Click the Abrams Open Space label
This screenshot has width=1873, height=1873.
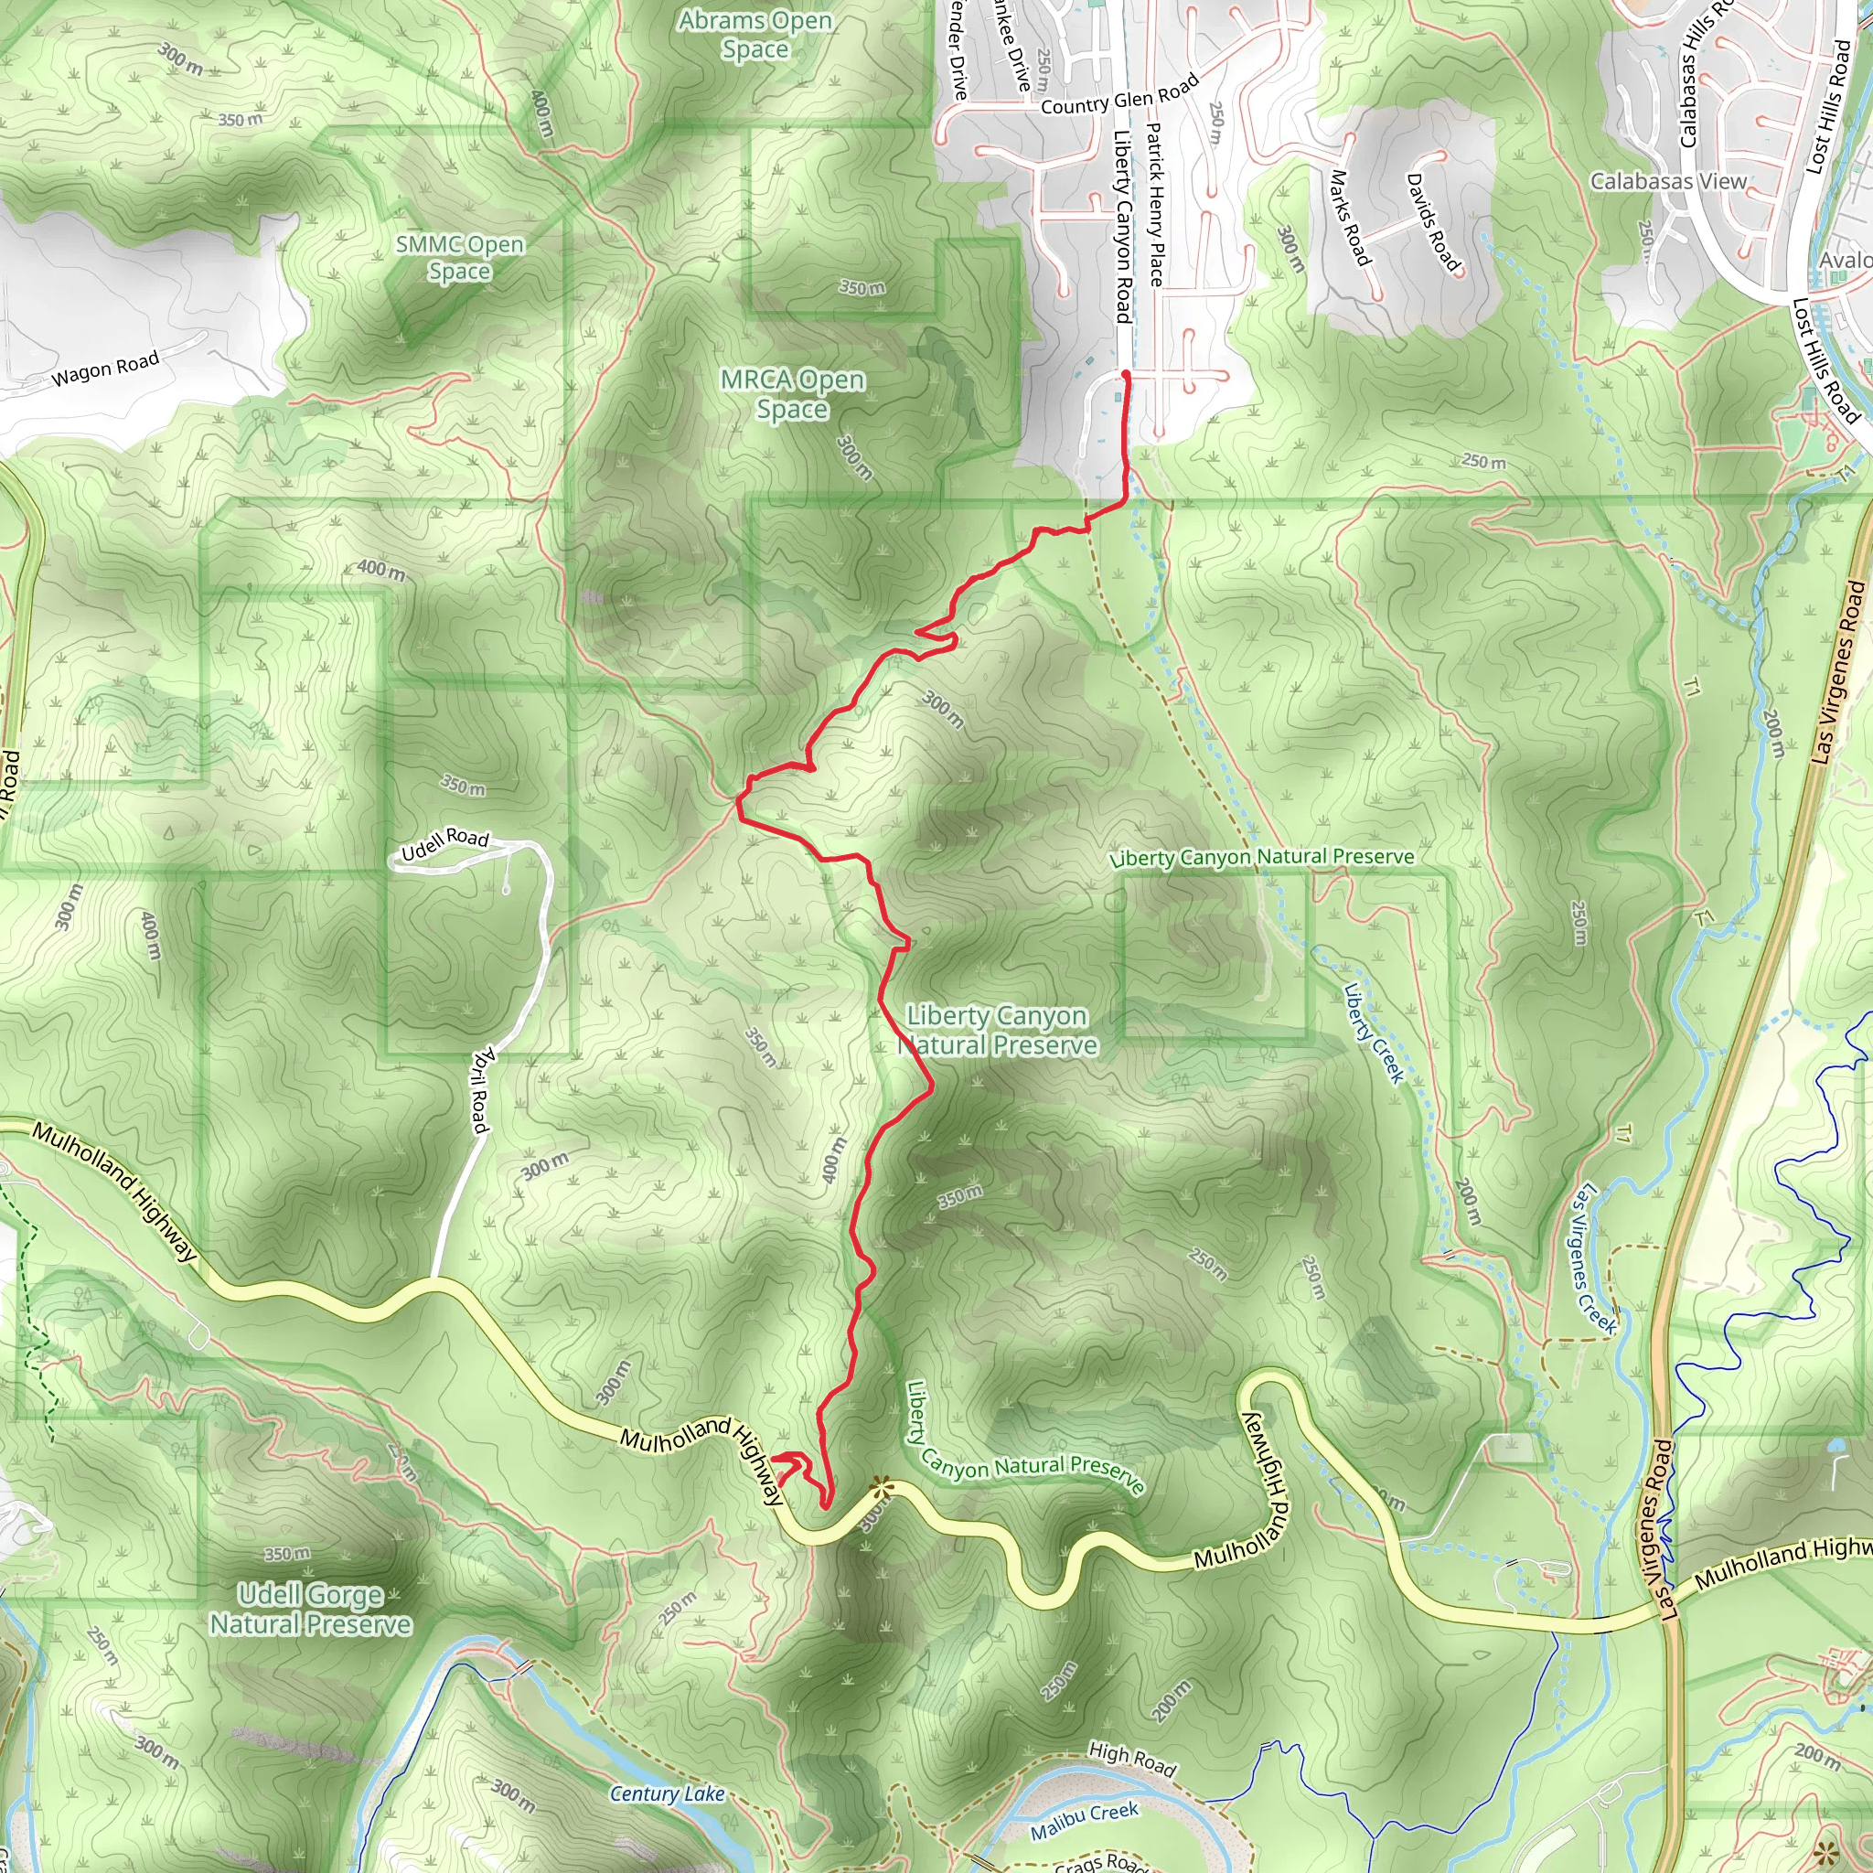point(755,35)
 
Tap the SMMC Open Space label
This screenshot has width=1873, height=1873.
point(459,258)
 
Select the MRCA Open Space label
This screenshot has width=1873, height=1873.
point(792,393)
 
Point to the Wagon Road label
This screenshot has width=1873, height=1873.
point(104,369)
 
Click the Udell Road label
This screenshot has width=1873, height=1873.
point(445,843)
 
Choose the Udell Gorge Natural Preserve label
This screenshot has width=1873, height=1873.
point(311,1610)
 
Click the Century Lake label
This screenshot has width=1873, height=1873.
point(667,1794)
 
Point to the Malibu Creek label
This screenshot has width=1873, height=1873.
point(1084,1821)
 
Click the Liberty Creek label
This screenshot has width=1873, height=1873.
point(1373,1033)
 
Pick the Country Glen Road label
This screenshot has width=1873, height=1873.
point(1119,96)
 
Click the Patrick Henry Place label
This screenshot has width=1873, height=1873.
point(1156,204)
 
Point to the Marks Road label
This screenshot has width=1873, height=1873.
point(1350,219)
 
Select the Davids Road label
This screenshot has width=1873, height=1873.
point(1432,222)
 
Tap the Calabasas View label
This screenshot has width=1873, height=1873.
point(1667,181)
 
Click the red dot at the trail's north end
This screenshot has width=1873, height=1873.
point(1126,374)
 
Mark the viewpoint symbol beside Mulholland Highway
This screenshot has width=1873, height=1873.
point(882,1486)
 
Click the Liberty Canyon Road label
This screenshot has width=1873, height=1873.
point(1123,227)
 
